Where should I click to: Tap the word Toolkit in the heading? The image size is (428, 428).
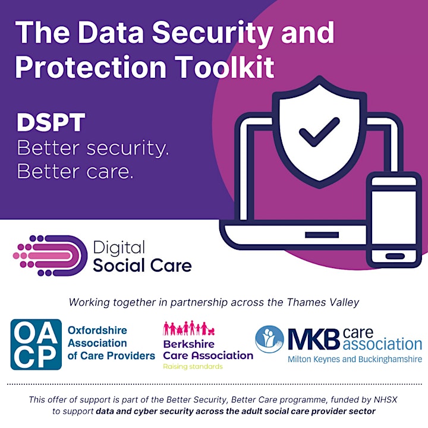click(x=224, y=67)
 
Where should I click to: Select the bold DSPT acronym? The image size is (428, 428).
click(x=51, y=122)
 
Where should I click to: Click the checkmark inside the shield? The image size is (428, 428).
click(x=319, y=132)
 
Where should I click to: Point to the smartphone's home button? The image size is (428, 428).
click(x=395, y=256)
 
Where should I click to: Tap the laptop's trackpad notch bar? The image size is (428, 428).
click(x=322, y=235)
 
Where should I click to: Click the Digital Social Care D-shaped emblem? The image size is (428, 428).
click(x=50, y=256)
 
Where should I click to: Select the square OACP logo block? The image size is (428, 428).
click(x=36, y=344)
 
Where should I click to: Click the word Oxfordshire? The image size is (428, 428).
click(x=97, y=331)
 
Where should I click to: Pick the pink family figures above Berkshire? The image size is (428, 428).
click(x=189, y=328)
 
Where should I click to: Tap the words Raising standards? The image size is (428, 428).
click(x=193, y=367)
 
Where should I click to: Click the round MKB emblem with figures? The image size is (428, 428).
click(x=269, y=339)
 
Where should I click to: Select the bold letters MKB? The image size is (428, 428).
click(x=314, y=339)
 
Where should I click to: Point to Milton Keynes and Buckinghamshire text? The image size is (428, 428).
click(x=355, y=359)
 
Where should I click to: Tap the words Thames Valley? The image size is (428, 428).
click(x=323, y=303)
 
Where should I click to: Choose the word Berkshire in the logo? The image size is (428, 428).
click(x=189, y=344)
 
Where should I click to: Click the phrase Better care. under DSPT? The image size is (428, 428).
click(x=75, y=171)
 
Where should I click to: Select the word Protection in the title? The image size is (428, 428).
click(x=90, y=67)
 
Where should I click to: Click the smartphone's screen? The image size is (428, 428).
click(x=394, y=218)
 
